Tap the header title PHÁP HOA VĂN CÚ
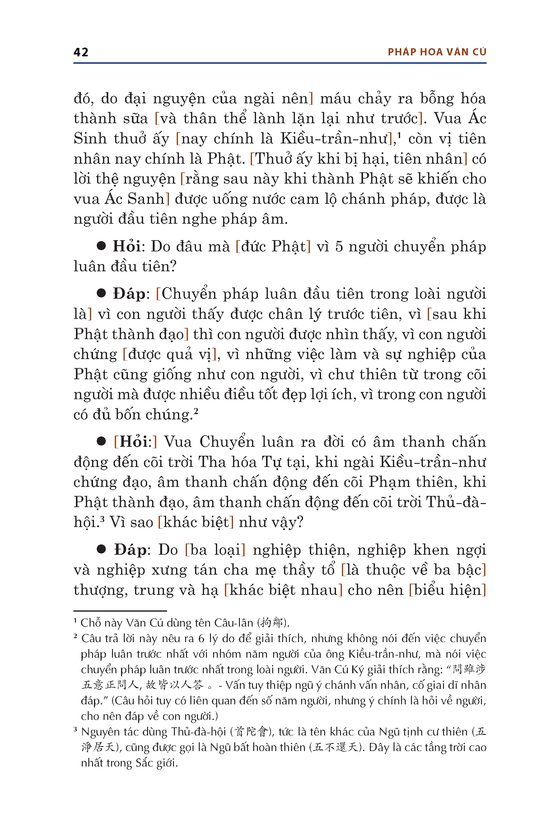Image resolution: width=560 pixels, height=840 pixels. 437,52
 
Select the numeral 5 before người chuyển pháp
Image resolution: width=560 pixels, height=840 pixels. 339,247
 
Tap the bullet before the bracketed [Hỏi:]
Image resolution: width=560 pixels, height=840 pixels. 101,441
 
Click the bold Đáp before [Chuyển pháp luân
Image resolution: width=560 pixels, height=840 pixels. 129,294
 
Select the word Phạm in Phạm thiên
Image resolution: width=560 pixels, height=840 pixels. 389,482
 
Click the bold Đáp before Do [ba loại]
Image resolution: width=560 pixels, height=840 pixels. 130,550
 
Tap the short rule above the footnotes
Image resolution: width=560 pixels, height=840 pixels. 120,611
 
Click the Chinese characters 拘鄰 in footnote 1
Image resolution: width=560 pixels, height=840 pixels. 272,623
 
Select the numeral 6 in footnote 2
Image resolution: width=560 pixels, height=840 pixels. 201,639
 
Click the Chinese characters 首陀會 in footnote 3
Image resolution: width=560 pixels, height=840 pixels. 251,732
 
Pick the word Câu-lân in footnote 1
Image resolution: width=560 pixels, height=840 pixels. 234,623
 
